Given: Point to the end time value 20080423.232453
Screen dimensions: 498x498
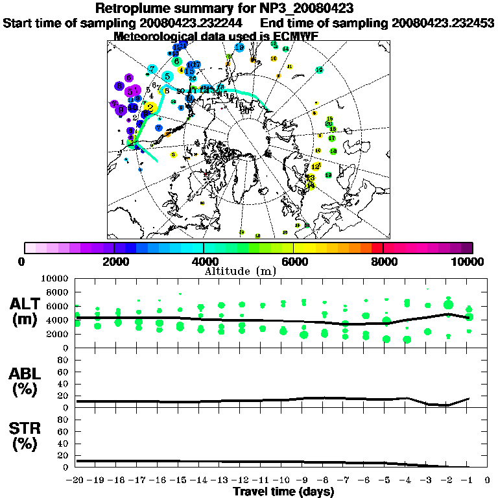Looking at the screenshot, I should (443, 23).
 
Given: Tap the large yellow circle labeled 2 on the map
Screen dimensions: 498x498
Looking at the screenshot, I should (150, 108).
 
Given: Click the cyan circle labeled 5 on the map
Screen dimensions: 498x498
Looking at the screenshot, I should (168, 77).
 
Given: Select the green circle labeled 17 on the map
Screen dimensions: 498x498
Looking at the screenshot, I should (331, 138).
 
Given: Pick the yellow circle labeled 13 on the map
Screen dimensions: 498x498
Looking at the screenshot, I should (310, 178).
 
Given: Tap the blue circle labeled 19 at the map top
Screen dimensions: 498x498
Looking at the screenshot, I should (239, 47).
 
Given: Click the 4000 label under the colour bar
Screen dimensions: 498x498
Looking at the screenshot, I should (204, 261).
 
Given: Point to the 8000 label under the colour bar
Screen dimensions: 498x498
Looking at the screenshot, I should (383, 261).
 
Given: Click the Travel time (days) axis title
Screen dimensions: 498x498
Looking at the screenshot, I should (283, 492).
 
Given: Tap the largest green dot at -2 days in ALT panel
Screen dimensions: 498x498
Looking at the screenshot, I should (448, 304).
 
